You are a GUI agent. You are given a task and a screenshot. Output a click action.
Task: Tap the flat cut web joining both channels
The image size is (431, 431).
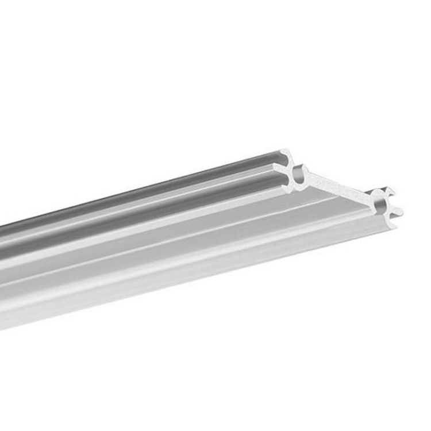point(338,185)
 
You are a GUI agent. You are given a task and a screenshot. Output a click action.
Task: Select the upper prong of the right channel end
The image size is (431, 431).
point(391,190)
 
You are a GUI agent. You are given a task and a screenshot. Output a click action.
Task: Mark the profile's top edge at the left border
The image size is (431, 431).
point(1,224)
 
